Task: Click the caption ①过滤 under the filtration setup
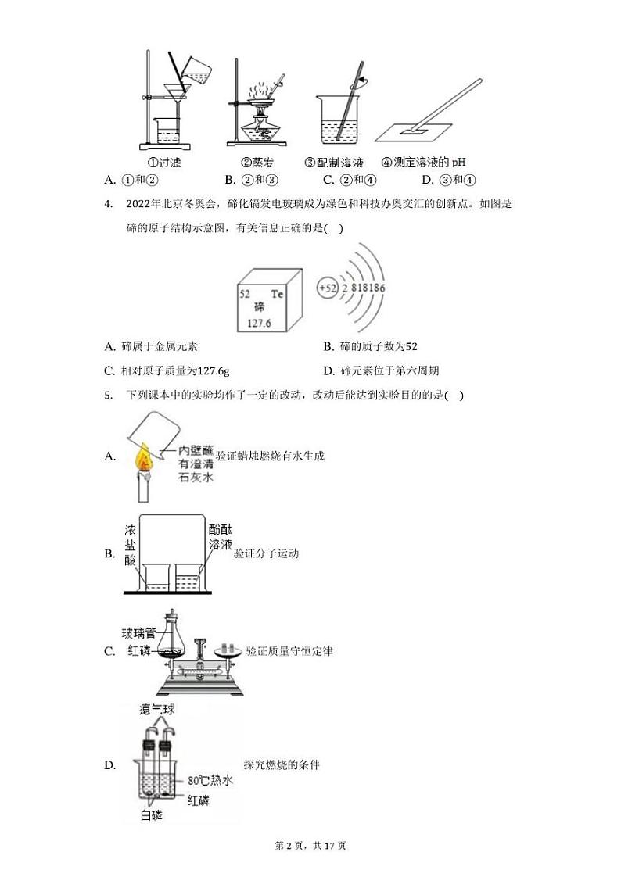point(164,163)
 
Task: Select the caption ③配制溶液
point(335,163)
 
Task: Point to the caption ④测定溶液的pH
point(423,163)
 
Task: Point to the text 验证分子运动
point(266,553)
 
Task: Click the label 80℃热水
point(210,781)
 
